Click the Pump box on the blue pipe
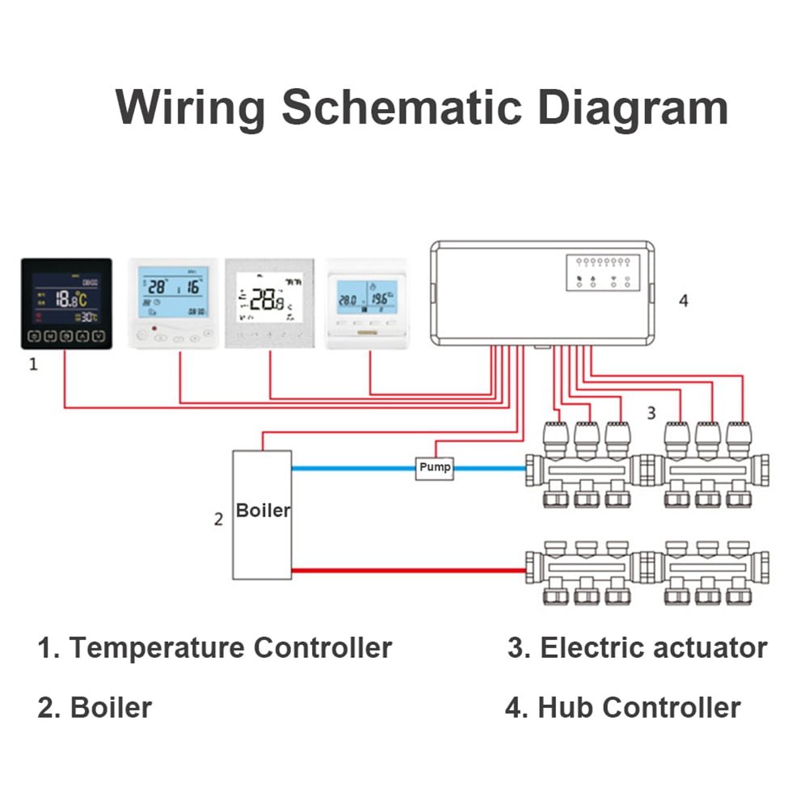point(435,468)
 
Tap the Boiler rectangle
point(262,515)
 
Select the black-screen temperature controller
point(66,304)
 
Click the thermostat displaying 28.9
point(268,302)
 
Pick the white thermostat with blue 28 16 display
point(173,302)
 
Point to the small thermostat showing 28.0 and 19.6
point(366,303)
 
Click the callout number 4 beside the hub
point(684,301)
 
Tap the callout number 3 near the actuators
point(651,413)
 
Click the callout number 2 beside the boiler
point(218,519)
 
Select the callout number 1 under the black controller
point(33,364)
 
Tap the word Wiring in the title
point(191,107)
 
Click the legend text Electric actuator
point(653,647)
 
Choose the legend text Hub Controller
point(638,707)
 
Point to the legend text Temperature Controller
point(230,647)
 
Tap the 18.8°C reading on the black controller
point(73,299)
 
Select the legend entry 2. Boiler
point(95,707)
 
